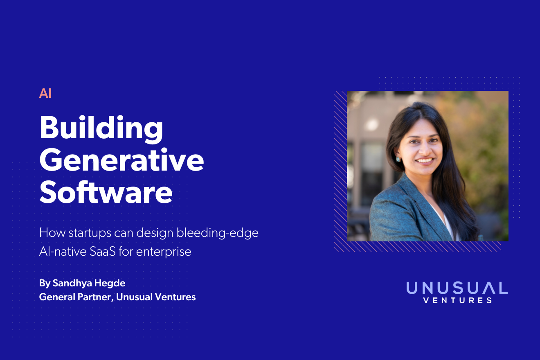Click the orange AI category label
click(45, 93)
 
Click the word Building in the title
click(101, 129)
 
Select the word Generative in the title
click(122, 160)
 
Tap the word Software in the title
click(106, 192)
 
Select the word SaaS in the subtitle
click(102, 252)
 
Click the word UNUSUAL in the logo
click(457, 288)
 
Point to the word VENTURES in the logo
click(457, 300)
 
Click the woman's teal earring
click(398, 159)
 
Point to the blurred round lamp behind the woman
click(372, 124)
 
